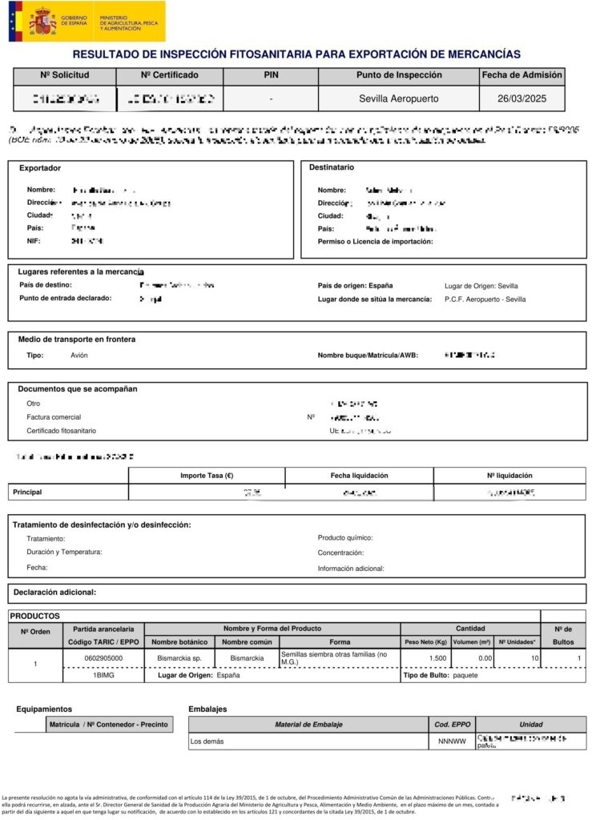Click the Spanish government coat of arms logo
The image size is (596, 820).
pos(42,22)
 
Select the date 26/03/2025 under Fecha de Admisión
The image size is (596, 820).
pos(521,98)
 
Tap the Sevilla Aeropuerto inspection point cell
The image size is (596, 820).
pos(398,98)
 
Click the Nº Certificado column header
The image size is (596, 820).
pos(169,75)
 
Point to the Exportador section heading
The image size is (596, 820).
pos(40,168)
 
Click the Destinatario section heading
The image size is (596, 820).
pos(332,167)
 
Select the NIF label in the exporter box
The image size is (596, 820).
pos(34,240)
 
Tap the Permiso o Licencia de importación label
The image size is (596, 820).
pos(375,241)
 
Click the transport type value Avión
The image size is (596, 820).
pos(79,355)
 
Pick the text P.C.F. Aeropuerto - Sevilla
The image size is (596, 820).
pos(485,299)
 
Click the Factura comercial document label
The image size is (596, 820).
pos(54,417)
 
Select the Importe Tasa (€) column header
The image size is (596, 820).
pos(207,476)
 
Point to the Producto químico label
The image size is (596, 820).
pos(345,538)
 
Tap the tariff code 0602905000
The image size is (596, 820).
pos(103,658)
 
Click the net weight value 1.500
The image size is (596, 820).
pos(437,658)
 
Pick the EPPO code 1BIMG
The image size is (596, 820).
pos(104,676)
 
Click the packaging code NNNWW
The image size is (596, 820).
pos(452,742)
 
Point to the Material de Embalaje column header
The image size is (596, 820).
pos(308,725)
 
